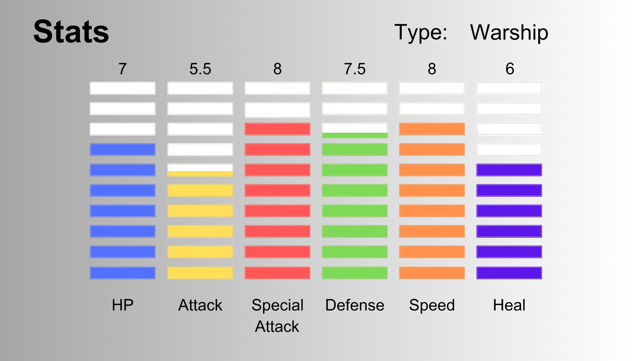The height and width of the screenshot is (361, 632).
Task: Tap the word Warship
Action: pos(509,32)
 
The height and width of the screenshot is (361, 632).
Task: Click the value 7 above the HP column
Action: pos(122,69)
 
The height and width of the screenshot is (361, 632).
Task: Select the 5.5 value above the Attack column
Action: pos(200,69)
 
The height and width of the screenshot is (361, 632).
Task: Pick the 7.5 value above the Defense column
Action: pos(355,69)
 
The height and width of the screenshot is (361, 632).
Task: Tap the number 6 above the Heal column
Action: pos(510,69)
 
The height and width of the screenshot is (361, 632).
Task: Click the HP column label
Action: pos(122,305)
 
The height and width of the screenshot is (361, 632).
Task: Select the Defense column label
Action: pos(355,305)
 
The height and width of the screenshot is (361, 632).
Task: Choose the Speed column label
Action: pos(432,306)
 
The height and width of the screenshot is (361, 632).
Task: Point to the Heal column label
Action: pos(509,305)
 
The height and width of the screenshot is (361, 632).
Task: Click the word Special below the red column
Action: pos(277,306)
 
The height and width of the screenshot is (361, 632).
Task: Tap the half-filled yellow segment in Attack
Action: pos(200,170)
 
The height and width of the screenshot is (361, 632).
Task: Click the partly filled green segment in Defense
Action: pos(355,130)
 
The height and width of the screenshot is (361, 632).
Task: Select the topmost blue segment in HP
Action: pos(122,149)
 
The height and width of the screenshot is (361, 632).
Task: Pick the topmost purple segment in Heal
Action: pos(509,170)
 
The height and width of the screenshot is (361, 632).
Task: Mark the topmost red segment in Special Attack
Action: pos(277,129)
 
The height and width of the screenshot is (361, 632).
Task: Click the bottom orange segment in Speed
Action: pos(432,273)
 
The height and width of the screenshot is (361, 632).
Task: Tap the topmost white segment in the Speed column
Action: pos(432,88)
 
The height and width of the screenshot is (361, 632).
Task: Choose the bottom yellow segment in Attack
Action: pos(200,273)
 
